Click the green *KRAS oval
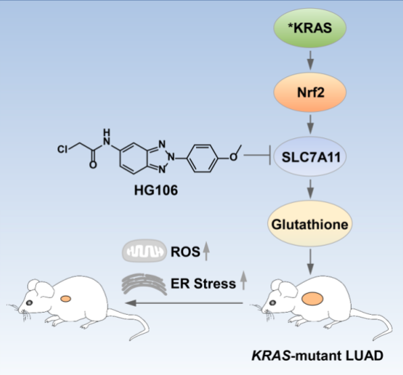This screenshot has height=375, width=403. click(310, 28)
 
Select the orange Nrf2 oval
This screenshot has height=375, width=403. click(310, 92)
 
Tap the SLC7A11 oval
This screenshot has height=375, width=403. click(310, 156)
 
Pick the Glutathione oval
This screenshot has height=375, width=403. click(310, 224)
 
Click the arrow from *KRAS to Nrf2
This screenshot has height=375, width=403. click(310, 60)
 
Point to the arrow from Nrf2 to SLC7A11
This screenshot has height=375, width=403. click(310, 125)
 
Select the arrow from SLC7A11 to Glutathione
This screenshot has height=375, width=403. click(310, 189)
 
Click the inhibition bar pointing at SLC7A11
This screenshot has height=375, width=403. click(257, 155)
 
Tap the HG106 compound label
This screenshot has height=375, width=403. click(156, 190)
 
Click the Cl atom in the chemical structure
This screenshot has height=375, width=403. click(62, 149)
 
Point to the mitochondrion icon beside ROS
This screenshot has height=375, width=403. click(144, 250)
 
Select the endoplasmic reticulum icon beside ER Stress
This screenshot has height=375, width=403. click(144, 284)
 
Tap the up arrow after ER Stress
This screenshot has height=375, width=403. click(243, 280)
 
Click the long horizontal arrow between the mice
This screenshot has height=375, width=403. click(184, 303)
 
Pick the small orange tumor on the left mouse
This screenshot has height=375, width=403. click(66, 299)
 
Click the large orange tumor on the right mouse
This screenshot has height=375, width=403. click(312, 299)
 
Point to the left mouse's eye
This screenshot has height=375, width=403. click(29, 303)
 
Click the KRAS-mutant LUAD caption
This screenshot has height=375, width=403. click(317, 356)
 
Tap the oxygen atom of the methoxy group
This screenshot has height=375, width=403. click(233, 157)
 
